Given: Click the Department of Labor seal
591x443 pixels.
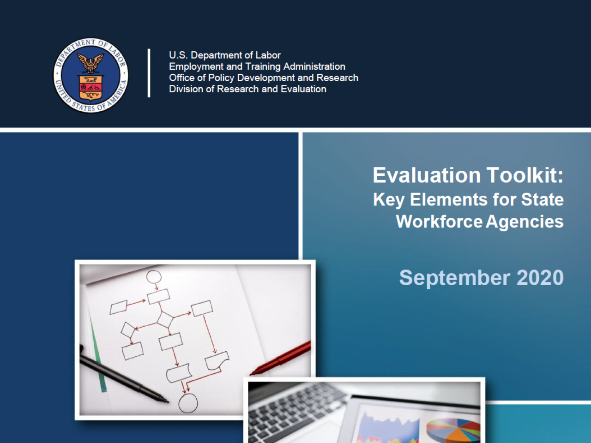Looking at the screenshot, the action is click(x=91, y=75).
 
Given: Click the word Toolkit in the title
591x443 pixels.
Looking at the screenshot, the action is click(x=525, y=175).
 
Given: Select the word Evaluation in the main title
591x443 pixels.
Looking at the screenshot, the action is click(x=427, y=175).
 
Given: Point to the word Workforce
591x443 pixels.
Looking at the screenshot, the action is click(x=439, y=221).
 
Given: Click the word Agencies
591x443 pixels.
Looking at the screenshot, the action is click(x=525, y=222).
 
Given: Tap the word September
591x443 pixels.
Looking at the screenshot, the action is click(x=454, y=278).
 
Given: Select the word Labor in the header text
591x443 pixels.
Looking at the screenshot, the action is click(x=268, y=55).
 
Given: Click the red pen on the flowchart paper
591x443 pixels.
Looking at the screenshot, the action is click(x=281, y=358).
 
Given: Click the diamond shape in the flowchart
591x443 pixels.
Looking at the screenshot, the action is click(x=165, y=319).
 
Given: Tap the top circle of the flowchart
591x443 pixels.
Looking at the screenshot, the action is click(x=154, y=277).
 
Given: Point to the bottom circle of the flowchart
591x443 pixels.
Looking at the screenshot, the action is click(x=188, y=403).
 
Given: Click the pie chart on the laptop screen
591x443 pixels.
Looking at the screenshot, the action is click(x=453, y=430).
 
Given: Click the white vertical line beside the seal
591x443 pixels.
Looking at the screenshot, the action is click(x=149, y=73).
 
